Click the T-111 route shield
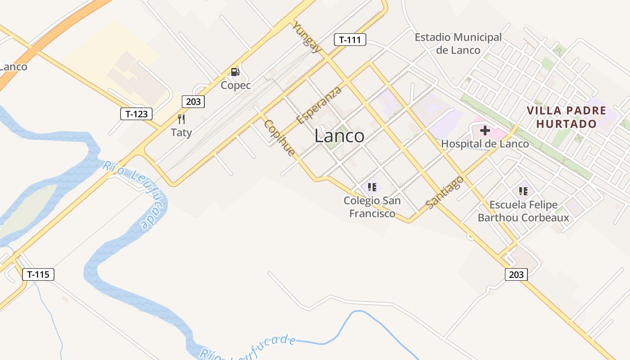[350, 40]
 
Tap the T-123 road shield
[136, 114]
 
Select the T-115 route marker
[38, 274]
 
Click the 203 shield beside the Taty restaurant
[193, 102]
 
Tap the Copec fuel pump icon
[235, 72]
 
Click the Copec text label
[235, 85]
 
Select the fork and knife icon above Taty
[181, 119]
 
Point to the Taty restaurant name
[181, 132]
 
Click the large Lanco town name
[339, 135]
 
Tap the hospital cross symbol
[485, 131]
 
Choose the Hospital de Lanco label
[485, 144]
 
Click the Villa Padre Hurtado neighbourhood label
[567, 117]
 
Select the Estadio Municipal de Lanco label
[458, 44]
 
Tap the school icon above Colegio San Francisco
[372, 187]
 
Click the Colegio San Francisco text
[372, 207]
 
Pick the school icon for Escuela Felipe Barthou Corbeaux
[523, 191]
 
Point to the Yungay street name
[307, 37]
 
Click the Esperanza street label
[319, 105]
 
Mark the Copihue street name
[279, 138]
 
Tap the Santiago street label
[445, 192]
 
